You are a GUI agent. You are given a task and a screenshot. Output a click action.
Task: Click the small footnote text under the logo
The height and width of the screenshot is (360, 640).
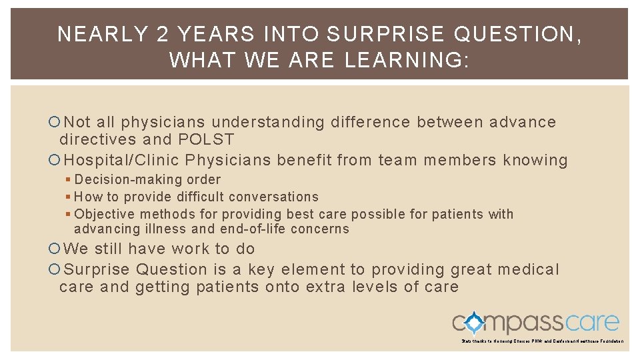542,341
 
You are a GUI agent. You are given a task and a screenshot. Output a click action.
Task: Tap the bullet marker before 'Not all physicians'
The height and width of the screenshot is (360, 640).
54,122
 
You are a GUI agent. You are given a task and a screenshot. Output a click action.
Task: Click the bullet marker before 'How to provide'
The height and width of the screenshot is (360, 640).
69,197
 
